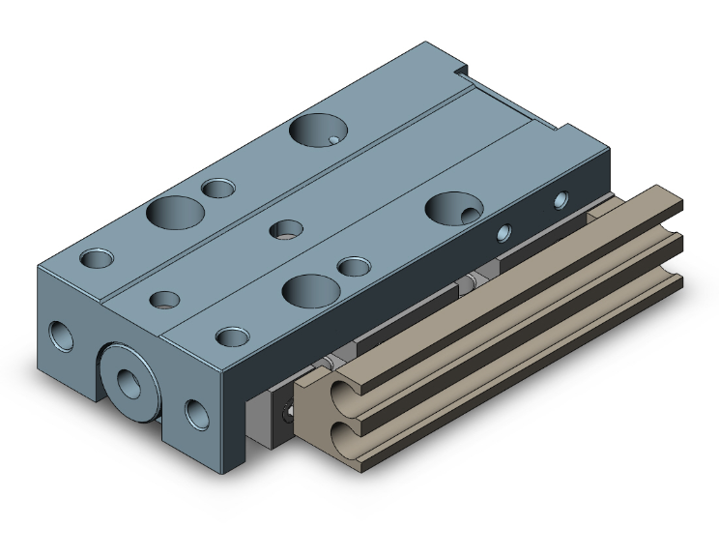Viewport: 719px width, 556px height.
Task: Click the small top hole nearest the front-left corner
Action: [x=96, y=258]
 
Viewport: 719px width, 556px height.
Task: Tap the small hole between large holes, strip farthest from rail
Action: [x=220, y=187]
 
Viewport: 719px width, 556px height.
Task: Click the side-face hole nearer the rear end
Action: [x=561, y=201]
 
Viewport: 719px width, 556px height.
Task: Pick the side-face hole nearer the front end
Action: [x=503, y=233]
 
